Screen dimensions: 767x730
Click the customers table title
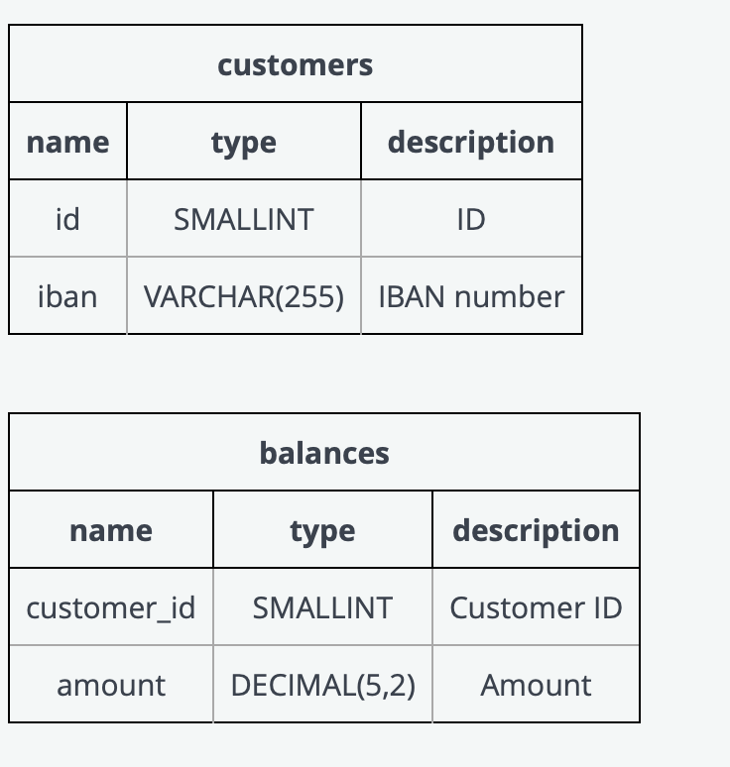tap(295, 64)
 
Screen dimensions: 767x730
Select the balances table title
tap(323, 453)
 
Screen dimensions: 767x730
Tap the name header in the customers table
tap(67, 142)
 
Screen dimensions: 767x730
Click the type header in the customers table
tap(243, 142)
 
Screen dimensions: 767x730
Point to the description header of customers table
tap(470, 142)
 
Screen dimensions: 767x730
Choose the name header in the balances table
tap(110, 530)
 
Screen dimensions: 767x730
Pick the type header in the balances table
tap(322, 530)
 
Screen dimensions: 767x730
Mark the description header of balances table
tap(536, 530)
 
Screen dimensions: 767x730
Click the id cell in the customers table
tap(67, 219)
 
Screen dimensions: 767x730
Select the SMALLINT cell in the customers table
tap(243, 219)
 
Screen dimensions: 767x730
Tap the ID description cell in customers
tap(470, 219)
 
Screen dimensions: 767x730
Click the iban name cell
tap(67, 296)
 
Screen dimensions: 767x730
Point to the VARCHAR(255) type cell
tap(243, 296)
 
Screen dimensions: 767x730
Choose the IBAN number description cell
tap(470, 296)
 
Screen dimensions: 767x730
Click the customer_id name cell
tap(110, 607)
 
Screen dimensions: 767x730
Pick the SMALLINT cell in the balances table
tap(322, 607)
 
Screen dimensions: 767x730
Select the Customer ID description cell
tap(536, 607)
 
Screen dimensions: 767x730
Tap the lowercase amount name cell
tap(110, 685)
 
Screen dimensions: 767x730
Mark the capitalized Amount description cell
tap(536, 685)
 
